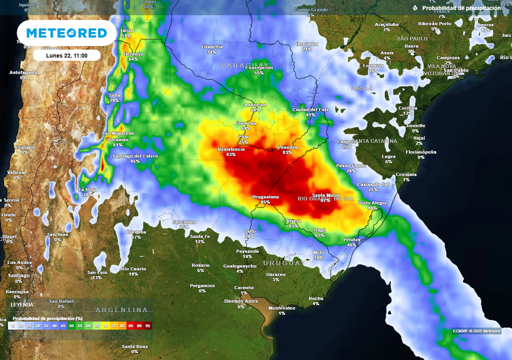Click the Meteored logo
[x=66, y=33]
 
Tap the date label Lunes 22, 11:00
[x=66, y=55]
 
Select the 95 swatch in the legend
[x=147, y=326]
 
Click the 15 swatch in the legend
[x=12, y=326]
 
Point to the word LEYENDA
[x=22, y=304]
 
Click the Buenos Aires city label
[x=241, y=301]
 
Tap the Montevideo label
[x=282, y=308]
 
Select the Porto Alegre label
[x=372, y=202]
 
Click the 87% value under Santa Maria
[x=325, y=200]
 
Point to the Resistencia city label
[x=231, y=149]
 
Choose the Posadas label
[x=287, y=147]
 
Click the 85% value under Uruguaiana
[x=265, y=202]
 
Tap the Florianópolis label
[x=420, y=152]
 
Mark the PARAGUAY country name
[x=245, y=65]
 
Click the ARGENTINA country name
[x=122, y=310]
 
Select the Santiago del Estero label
[x=135, y=156]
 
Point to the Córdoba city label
[x=136, y=232]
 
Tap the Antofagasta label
[x=23, y=72]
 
